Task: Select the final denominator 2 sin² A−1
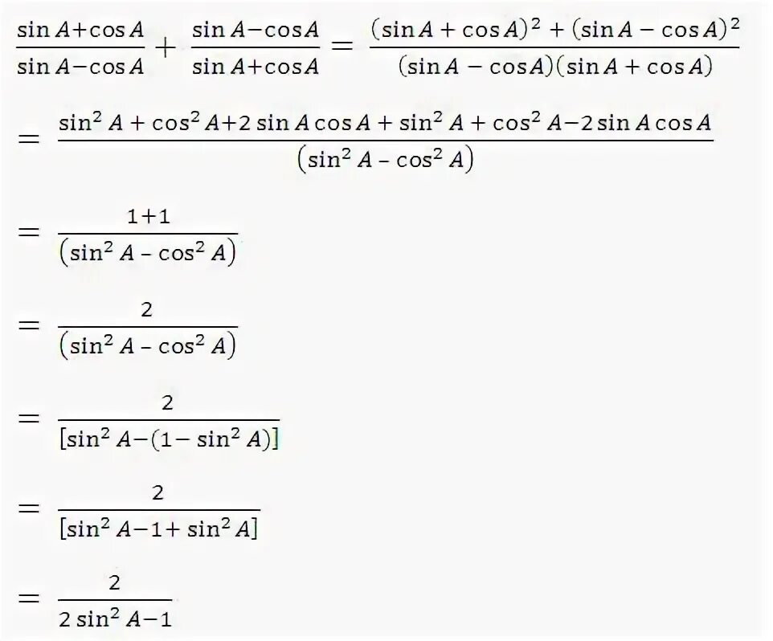point(115,619)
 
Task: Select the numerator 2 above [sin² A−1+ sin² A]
point(157,492)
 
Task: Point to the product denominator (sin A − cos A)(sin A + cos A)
point(555,67)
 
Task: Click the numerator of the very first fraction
point(80,31)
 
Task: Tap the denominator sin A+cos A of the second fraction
point(256,67)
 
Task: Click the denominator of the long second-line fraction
point(386,160)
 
